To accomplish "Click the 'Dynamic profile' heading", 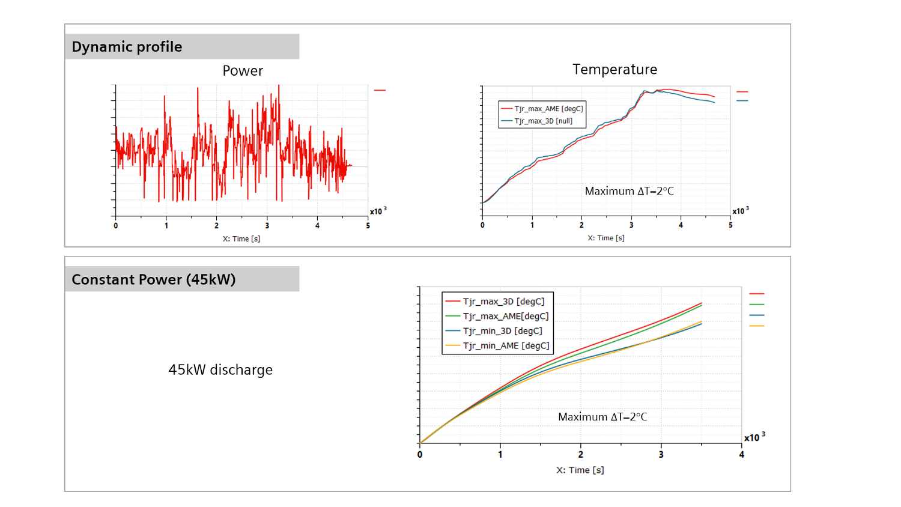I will (x=127, y=47).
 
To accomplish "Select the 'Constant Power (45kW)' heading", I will (x=153, y=280).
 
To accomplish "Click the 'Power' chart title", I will (x=243, y=71).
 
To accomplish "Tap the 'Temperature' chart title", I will (x=614, y=70).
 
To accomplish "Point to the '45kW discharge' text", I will (x=220, y=370).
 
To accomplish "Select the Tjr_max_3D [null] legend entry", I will (x=543, y=121).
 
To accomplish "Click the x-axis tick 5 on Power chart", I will (x=368, y=226).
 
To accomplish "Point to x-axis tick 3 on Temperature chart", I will (x=631, y=225).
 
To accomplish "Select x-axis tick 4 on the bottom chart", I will (x=742, y=455).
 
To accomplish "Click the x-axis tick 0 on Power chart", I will (x=116, y=226).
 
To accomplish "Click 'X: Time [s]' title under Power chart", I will (x=241, y=238).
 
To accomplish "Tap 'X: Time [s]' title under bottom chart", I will (x=580, y=470).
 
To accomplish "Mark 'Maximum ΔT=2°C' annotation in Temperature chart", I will (x=629, y=191).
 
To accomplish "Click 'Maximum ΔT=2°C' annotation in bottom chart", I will (x=602, y=417).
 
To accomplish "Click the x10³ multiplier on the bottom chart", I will (x=754, y=437).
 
